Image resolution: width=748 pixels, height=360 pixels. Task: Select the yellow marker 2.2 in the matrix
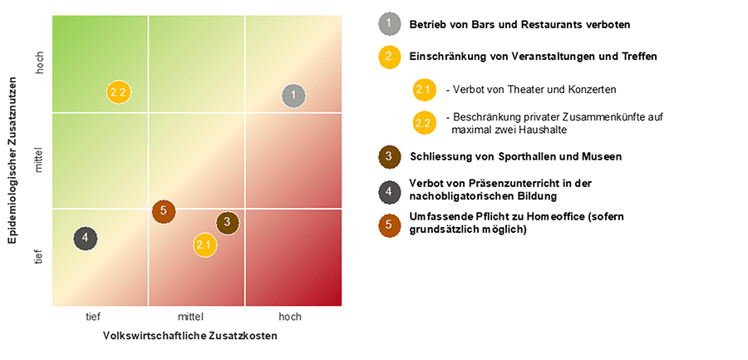(x=119, y=91)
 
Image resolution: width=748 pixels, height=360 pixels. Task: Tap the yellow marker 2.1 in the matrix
(x=204, y=244)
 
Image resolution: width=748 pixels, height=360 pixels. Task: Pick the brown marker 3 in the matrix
(x=227, y=223)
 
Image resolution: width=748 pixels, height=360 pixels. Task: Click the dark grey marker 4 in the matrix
(x=85, y=239)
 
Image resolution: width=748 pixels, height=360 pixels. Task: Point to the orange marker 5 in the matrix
(x=164, y=211)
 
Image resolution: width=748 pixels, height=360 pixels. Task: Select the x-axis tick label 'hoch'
(x=290, y=317)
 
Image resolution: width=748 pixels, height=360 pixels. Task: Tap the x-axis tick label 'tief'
(x=93, y=317)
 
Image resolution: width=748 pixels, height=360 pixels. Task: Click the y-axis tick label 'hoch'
(x=39, y=63)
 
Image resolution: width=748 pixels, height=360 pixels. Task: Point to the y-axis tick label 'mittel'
(x=39, y=160)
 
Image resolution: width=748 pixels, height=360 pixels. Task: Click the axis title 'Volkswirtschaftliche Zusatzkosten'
(x=189, y=336)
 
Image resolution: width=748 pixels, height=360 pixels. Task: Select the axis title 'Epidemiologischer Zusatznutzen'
(x=13, y=160)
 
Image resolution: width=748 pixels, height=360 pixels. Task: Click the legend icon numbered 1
(x=388, y=24)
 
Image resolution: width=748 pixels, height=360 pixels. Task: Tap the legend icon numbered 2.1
(x=424, y=89)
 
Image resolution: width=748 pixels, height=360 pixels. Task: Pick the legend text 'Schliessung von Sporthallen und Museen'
(x=515, y=156)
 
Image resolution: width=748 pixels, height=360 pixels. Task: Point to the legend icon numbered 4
(x=388, y=190)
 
